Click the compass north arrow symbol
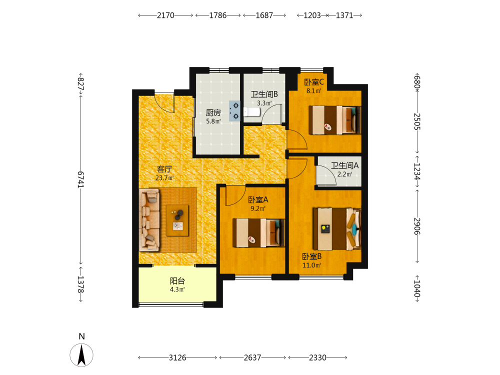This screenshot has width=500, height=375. coord(81,355)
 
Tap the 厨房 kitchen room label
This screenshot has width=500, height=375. coord(213,112)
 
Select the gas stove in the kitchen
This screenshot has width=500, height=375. coord(234,110)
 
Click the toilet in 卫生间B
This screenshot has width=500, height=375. coord(252,112)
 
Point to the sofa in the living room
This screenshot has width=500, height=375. coord(149,219)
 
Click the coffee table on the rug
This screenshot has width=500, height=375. coord(177,220)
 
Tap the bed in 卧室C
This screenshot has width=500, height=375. coord(335,120)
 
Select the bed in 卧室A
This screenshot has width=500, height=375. coord(258,233)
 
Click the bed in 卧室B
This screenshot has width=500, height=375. coord(337,229)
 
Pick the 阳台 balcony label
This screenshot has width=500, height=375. coord(177,281)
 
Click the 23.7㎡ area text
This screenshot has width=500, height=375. coord(164,178)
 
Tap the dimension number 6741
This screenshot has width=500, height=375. coord(80,180)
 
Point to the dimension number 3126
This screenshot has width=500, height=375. coord(177,358)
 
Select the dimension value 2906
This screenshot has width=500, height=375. coord(417,226)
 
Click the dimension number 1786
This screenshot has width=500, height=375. coord(218,15)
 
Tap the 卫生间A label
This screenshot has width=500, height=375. coord(344,165)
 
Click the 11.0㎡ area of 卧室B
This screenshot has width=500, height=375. coord(311,265)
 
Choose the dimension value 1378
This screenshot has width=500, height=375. coord(80,284)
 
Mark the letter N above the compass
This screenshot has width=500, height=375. coord(81,336)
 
